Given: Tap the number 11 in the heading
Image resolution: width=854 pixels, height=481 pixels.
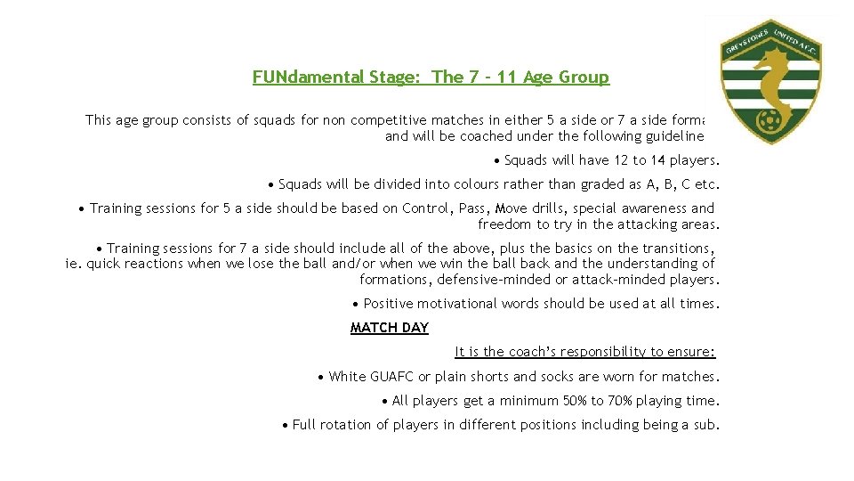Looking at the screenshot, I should (508, 77).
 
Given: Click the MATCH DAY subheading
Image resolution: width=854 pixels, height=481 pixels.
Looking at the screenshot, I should (390, 328).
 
